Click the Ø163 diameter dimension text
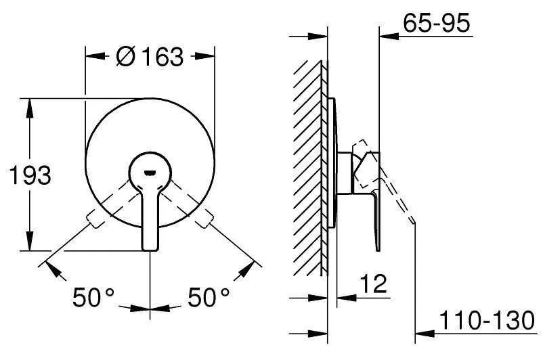pos(149,57)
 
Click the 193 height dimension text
pos(29,176)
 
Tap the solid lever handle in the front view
pos(150,217)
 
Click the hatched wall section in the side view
pos(308,169)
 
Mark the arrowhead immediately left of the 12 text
pos(343,296)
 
